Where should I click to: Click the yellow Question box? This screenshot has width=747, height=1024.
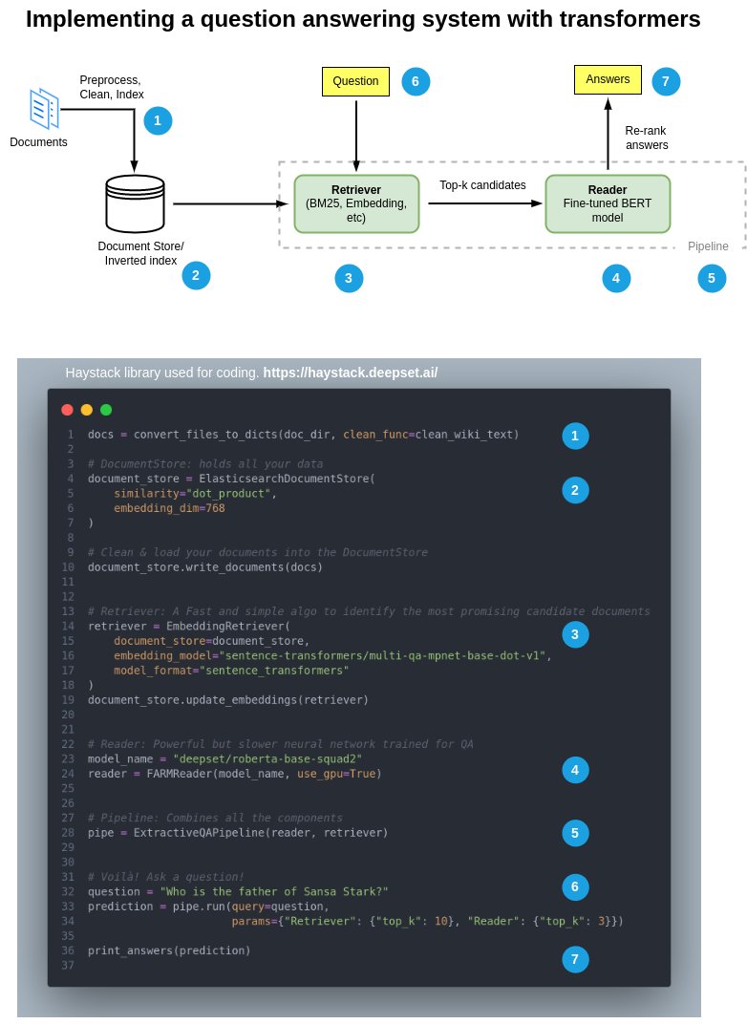pos(355,81)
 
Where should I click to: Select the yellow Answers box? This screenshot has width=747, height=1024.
pos(608,79)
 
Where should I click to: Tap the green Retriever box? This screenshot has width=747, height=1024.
pos(356,203)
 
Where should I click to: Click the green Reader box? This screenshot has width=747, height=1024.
pos(608,203)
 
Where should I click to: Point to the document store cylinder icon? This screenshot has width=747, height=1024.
pos(135,203)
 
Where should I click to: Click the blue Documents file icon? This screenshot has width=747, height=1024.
pos(44,109)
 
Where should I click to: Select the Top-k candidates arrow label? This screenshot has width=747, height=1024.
pos(482,185)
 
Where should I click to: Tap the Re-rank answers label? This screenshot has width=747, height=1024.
pos(646,138)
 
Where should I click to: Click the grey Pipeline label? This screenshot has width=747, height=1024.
pos(708,246)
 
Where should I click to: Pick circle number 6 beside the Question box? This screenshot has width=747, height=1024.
pos(416,81)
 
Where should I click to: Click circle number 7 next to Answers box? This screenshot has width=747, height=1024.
pos(666,81)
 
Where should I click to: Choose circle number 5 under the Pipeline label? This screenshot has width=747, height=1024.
pos(712,278)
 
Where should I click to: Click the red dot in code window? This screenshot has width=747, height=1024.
pos(67,410)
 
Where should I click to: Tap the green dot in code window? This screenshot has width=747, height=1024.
pos(106,410)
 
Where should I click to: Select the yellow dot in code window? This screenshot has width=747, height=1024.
pos(87,410)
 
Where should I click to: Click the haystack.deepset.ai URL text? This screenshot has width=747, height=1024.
pos(351,373)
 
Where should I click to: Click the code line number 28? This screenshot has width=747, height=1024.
pos(68,833)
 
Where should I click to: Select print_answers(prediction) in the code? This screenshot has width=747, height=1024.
pos(169,950)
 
